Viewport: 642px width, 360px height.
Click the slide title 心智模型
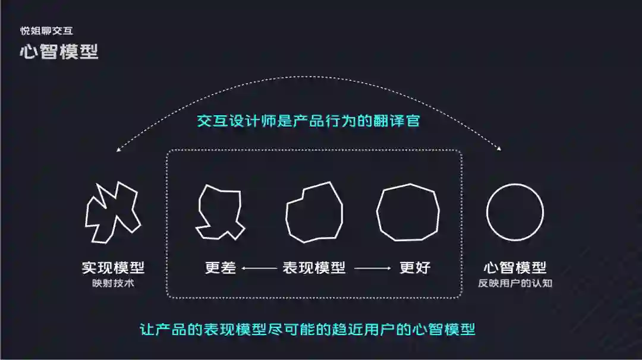coord(59,52)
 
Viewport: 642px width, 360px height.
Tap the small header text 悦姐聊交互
coord(46,31)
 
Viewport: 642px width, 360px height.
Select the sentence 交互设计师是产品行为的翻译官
coord(309,121)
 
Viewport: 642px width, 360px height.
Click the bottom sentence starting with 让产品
coord(307,329)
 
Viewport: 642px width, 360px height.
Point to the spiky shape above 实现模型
coord(112,211)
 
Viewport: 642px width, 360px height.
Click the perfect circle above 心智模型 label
coord(515,212)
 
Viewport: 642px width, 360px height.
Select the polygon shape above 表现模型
coord(314,212)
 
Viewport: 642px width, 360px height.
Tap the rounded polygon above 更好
coord(408,212)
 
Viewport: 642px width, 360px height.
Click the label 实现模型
coord(113,268)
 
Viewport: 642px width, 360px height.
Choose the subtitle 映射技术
coord(113,283)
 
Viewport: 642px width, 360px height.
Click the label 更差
coord(220,268)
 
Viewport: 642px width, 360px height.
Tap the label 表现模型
coord(314,268)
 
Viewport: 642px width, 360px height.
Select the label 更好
coord(415,268)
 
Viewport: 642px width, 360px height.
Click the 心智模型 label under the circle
coord(515,268)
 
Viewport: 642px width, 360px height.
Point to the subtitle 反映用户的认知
coord(515,283)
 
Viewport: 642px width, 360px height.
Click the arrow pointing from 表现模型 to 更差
coord(259,269)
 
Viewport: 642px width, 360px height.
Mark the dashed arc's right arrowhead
coord(498,149)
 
